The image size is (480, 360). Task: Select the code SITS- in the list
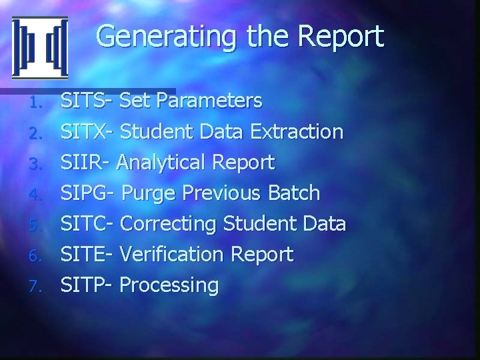tap(87, 101)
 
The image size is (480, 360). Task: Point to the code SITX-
tap(88, 132)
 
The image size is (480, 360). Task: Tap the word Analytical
tap(176, 163)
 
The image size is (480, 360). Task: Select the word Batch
tap(294, 193)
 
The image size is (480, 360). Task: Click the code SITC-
tap(89, 224)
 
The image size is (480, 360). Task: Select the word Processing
tap(171, 286)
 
